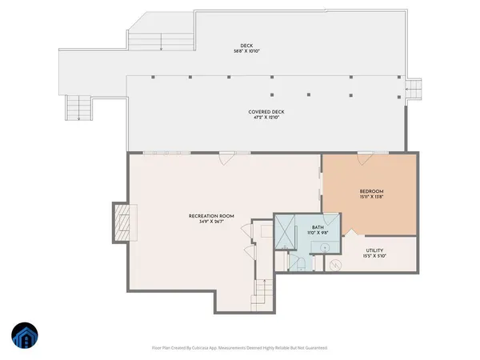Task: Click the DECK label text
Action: click(246, 45)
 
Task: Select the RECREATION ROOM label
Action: click(210, 215)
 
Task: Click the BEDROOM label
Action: click(370, 191)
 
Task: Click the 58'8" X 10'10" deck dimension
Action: click(246, 51)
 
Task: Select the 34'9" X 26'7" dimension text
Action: click(210, 222)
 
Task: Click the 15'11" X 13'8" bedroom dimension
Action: click(370, 198)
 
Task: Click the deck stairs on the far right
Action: click(414, 90)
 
